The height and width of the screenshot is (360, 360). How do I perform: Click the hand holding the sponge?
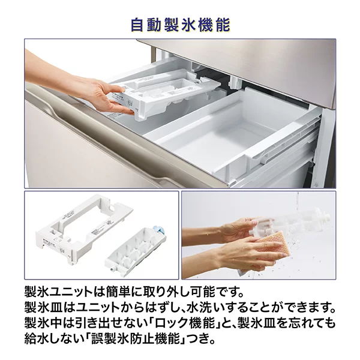click(x=240, y=252)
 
